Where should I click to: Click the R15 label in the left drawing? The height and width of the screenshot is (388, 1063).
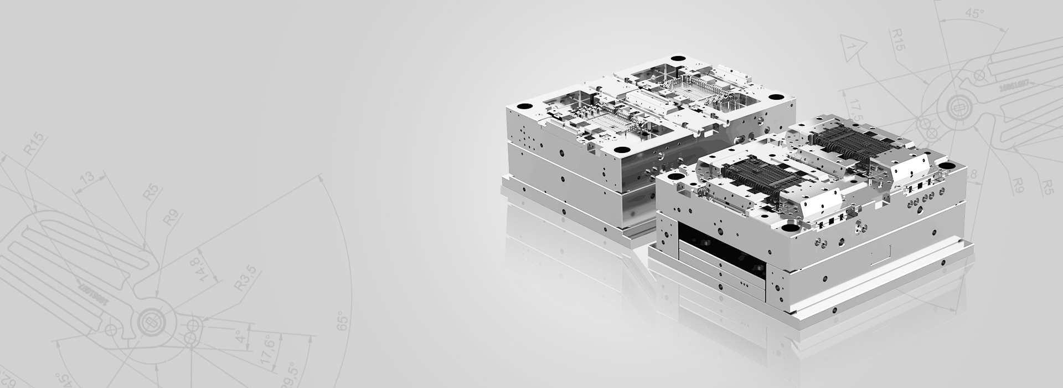pos(34,146)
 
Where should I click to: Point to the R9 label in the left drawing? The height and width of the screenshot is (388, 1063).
pos(169,217)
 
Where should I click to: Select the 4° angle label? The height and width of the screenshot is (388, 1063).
pos(239,336)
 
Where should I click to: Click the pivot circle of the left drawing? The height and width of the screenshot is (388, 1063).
pos(148,320)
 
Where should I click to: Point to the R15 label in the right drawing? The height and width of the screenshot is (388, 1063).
pos(899,40)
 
